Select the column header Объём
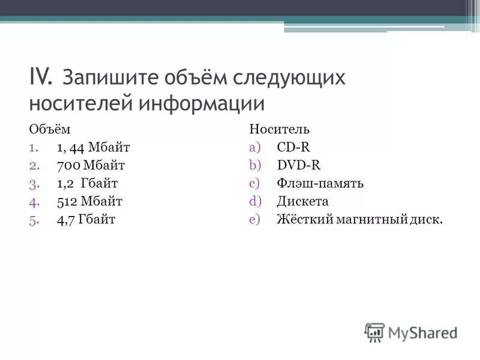coord(45,129)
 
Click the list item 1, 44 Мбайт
coord(93,147)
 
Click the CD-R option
coord(293,147)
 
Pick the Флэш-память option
coord(320,183)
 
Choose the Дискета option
coord(302,201)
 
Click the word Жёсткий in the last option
coord(305,219)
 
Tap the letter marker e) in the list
coord(255,219)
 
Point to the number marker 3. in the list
coord(34,183)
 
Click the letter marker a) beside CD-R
coord(255,147)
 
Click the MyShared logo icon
coord(374,332)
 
